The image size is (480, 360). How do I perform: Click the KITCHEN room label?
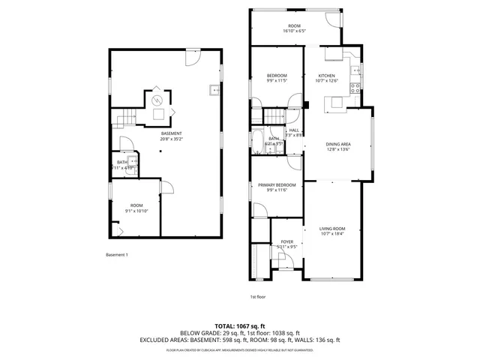point(326,76)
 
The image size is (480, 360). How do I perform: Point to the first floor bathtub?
point(258,142)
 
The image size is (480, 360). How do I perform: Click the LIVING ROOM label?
point(332,228)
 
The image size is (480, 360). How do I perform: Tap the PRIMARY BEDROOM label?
point(277,184)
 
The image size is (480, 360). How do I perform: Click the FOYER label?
point(286,241)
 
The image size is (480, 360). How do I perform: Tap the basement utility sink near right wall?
point(214,91)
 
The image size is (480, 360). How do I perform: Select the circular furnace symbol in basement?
point(157,99)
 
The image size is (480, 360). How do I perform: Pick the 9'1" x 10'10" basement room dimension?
point(136,211)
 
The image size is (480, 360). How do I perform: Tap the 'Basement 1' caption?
point(117,255)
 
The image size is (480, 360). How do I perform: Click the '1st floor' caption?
point(259,297)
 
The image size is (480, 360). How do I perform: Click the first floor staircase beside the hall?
point(274,116)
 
